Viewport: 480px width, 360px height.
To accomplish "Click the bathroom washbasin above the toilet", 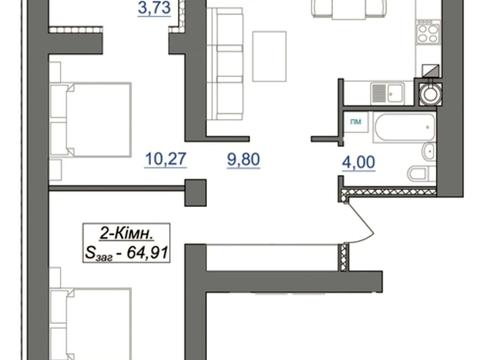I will (x=428, y=151).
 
